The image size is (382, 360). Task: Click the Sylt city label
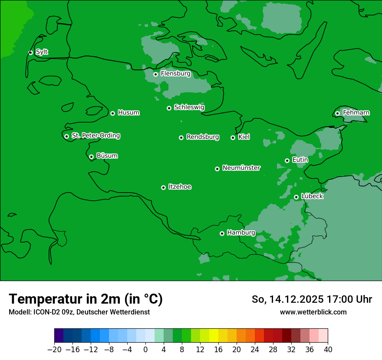tap(42, 52)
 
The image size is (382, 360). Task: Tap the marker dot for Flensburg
tap(155, 74)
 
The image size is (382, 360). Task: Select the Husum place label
tap(128, 113)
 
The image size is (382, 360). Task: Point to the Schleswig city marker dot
tap(169, 108)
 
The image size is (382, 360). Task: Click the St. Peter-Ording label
tap(95, 136)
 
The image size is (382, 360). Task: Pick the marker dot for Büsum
tap(91, 157)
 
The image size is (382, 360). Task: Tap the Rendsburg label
tap(203, 137)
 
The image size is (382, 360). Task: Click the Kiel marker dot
tap(233, 137)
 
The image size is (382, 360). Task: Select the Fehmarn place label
tap(356, 113)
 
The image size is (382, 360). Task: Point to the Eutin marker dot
tap(287, 160)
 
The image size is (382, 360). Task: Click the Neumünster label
tap(241, 168)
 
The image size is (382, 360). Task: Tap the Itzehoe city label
tap(180, 187)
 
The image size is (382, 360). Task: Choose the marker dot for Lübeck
tap(296, 197)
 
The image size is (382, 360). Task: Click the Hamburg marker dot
tap(222, 233)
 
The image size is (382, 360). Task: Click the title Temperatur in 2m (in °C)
tap(86, 299)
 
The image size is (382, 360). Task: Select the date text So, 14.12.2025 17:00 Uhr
tap(312, 299)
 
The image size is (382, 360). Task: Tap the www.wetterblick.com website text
tap(313, 312)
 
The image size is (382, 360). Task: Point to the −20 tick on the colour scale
tap(55, 350)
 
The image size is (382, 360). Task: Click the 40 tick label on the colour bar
tap(328, 350)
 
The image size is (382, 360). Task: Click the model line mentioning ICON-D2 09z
tap(79, 312)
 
